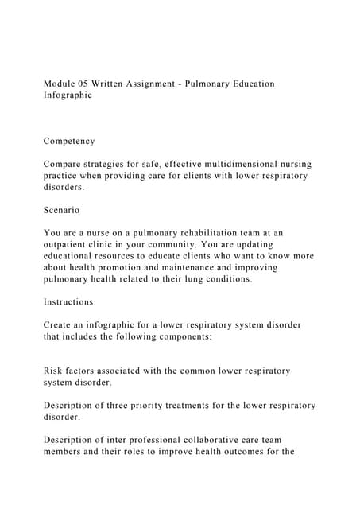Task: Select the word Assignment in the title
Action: (174, 83)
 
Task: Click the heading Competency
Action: (69, 141)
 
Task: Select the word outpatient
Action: (73, 245)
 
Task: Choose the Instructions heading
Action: (68, 302)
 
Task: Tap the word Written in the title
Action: (127, 83)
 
